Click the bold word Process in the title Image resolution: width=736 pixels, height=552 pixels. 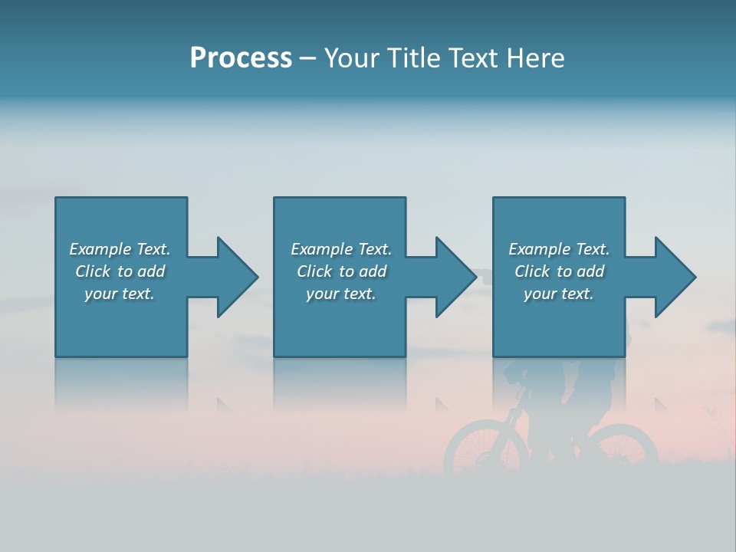241,58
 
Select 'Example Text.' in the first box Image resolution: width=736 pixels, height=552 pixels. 120,249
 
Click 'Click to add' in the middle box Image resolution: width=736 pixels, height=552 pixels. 341,271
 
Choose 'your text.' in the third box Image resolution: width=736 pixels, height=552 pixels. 559,294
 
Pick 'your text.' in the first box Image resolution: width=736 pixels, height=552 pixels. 120,294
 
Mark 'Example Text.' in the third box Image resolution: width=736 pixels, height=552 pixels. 559,249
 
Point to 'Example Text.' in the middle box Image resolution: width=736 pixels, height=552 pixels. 341,249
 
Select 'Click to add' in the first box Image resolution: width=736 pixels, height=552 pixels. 120,271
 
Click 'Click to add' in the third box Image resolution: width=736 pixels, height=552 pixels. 559,271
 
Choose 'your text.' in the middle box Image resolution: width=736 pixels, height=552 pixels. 341,294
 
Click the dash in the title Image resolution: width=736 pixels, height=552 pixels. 308,58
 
